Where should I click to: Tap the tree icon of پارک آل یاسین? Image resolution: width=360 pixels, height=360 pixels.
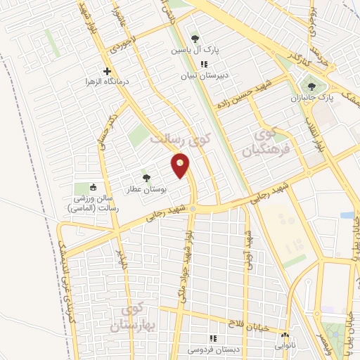pyautogui.click(x=195, y=39)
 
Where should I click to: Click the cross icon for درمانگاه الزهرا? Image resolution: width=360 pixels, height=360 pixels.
pyautogui.click(x=107, y=71)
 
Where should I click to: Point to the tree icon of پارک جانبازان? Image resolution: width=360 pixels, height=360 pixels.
pyautogui.click(x=311, y=87)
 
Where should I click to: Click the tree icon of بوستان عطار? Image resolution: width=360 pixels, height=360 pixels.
pyautogui.click(x=146, y=178)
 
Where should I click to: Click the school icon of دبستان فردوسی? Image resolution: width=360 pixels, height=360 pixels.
pyautogui.click(x=213, y=338)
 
